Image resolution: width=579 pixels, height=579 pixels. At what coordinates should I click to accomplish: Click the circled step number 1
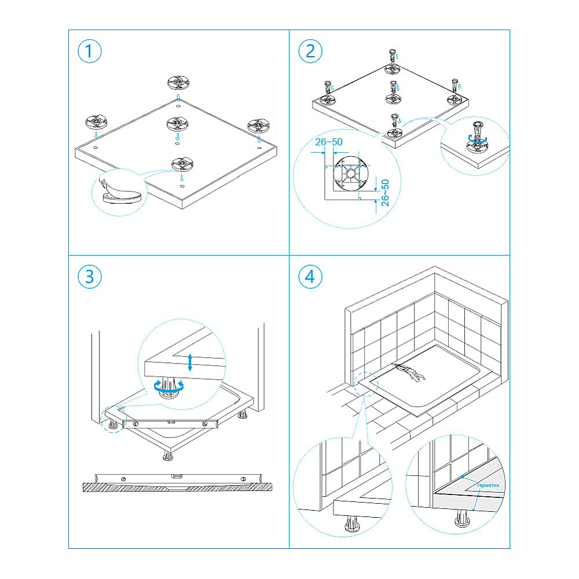pyautogui.click(x=89, y=51)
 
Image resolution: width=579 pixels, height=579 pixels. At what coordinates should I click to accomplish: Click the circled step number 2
pyautogui.click(x=310, y=51)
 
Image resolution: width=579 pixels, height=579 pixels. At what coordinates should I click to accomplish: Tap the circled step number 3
pyautogui.click(x=89, y=277)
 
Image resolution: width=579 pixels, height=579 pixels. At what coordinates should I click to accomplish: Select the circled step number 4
pyautogui.click(x=310, y=277)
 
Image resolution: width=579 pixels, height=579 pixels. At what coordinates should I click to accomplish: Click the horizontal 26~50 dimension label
pyautogui.click(x=329, y=142)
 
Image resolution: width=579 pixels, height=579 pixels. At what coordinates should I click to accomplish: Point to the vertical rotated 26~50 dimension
pyautogui.click(x=385, y=192)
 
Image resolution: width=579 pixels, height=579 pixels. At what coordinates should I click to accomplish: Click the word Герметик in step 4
pyautogui.click(x=488, y=485)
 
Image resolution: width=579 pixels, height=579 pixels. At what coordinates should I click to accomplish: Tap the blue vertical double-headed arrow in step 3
pyautogui.click(x=190, y=362)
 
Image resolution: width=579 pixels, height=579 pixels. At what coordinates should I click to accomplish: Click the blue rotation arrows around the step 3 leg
pyautogui.click(x=168, y=386)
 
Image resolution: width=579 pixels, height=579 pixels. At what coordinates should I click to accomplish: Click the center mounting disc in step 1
pyautogui.click(x=178, y=124)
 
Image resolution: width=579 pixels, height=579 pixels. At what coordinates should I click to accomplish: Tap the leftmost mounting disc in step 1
pyautogui.click(x=96, y=122)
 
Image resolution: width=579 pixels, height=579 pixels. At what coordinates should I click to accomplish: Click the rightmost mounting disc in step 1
pyautogui.click(x=258, y=126)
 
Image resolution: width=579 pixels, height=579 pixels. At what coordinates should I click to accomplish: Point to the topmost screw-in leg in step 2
pyautogui.click(x=393, y=56)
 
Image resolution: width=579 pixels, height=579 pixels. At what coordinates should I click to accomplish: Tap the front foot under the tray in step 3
pyautogui.click(x=168, y=456)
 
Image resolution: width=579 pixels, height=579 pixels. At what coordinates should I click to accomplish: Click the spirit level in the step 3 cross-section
pyautogui.click(x=178, y=479)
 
